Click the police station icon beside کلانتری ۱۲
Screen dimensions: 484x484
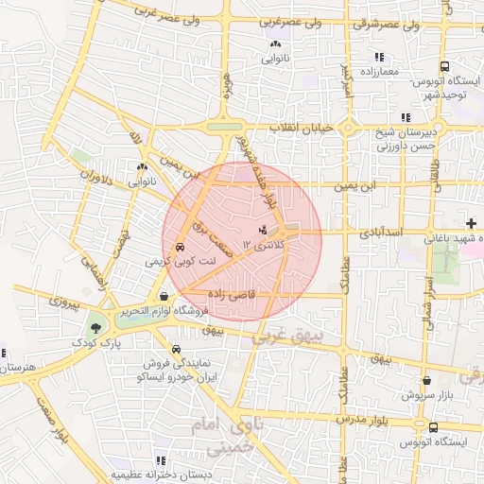click(263, 230)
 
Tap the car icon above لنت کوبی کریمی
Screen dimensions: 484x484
click(181, 247)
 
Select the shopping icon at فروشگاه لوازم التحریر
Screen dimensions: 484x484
click(164, 296)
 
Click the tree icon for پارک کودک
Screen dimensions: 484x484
click(96, 328)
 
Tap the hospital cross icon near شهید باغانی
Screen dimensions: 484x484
click(472, 223)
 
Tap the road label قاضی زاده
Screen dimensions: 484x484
click(278, 294)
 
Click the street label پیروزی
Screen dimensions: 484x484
click(67, 305)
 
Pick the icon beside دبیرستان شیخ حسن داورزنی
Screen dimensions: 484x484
click(406, 117)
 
